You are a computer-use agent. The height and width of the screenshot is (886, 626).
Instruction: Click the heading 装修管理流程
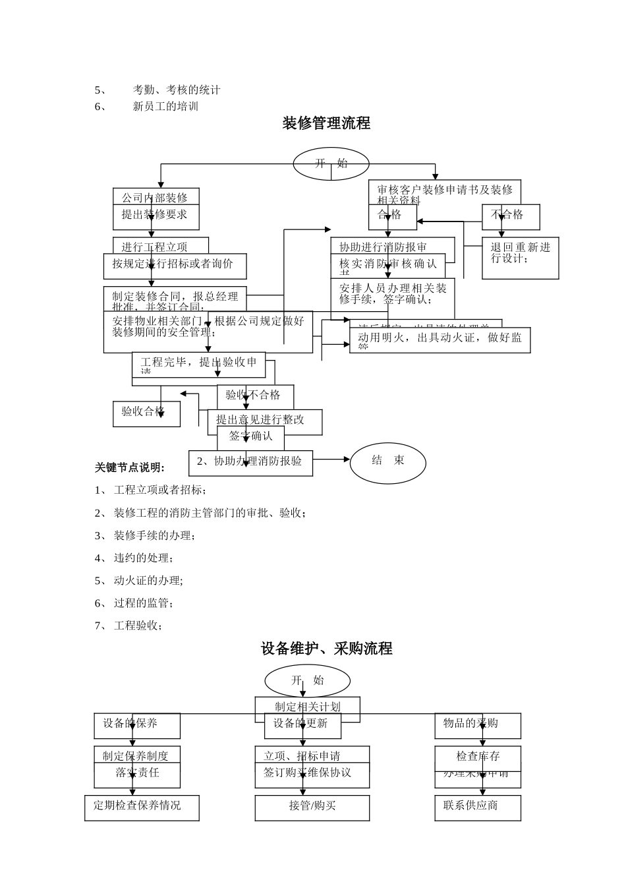(x=326, y=123)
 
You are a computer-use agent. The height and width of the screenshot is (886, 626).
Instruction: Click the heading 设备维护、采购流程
(x=326, y=649)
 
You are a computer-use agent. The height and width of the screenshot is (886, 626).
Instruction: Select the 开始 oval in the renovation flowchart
(x=331, y=163)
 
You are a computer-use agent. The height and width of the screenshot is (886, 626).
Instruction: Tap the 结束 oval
(x=387, y=461)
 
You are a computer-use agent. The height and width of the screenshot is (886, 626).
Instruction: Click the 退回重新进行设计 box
(x=520, y=257)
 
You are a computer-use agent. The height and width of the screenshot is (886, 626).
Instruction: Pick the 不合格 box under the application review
(x=511, y=216)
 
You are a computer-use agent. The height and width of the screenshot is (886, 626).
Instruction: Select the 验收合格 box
(x=146, y=413)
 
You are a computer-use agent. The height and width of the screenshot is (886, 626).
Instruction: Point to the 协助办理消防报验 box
(x=250, y=462)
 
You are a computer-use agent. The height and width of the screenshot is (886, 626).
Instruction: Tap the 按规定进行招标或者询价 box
(x=175, y=265)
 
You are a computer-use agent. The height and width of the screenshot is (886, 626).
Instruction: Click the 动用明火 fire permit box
(x=440, y=339)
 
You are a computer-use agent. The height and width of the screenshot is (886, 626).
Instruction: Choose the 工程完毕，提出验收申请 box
(x=198, y=363)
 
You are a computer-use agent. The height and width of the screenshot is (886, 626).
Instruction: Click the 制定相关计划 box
(x=307, y=707)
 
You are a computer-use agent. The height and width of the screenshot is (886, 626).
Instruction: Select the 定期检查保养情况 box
(x=142, y=807)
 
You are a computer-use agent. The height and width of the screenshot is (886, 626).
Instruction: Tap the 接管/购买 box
(x=312, y=807)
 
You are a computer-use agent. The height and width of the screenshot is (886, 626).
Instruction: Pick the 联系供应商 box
(x=478, y=807)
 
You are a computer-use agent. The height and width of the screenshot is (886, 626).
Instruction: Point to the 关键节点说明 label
(x=130, y=467)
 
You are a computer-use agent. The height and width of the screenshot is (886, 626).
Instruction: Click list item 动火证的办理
(x=148, y=581)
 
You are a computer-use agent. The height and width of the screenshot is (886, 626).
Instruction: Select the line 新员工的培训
(x=165, y=107)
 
